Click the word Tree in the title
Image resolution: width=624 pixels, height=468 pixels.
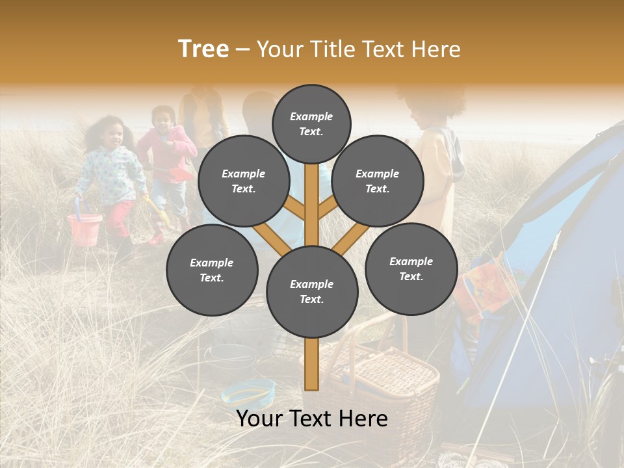tap(203, 49)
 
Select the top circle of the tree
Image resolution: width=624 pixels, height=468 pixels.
tap(311, 123)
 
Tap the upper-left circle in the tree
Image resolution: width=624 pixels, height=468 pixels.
tap(244, 181)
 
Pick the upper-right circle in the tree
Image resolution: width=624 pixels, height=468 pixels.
tap(378, 181)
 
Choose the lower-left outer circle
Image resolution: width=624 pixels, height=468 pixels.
tap(212, 270)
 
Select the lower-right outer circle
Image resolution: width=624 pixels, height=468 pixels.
tap(411, 268)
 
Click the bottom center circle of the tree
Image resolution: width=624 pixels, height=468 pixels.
tap(312, 291)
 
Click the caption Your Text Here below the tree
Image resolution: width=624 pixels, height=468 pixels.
tap(312, 419)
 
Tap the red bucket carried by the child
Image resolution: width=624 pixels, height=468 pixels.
tap(84, 229)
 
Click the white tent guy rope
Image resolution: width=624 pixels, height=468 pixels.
tap(520, 325)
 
